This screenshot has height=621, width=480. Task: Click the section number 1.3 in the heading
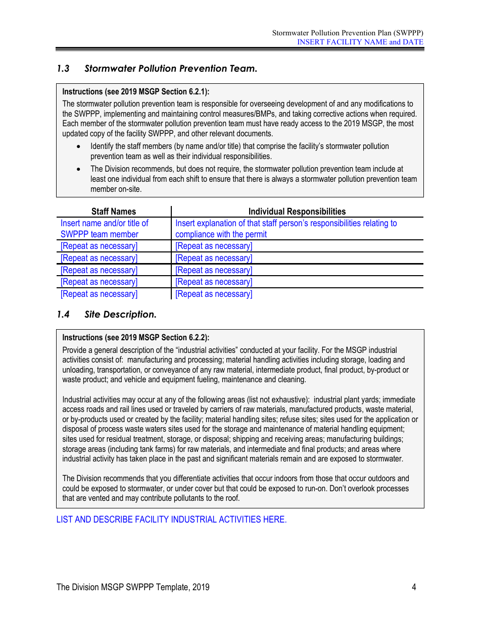pyautogui.click(x=63, y=69)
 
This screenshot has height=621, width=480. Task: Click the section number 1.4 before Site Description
pyautogui.click(x=63, y=315)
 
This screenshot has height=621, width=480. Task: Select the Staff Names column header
pyautogui.click(x=114, y=212)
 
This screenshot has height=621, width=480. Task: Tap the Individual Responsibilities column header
pyautogui.click(x=297, y=212)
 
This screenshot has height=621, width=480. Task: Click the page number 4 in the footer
pyautogui.click(x=414, y=587)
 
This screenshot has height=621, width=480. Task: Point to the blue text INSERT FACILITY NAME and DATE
pyautogui.click(x=360, y=42)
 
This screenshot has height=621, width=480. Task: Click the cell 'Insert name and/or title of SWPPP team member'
pyautogui.click(x=105, y=229)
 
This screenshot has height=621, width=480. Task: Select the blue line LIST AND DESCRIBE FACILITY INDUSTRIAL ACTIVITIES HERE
pyautogui.click(x=171, y=520)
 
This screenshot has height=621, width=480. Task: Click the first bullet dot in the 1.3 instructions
pyautogui.click(x=78, y=146)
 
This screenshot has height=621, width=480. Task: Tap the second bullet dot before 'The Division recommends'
pyautogui.click(x=78, y=169)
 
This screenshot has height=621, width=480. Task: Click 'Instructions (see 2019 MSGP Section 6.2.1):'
pyautogui.click(x=135, y=92)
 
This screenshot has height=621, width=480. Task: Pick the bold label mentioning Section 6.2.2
pyautogui.click(x=135, y=338)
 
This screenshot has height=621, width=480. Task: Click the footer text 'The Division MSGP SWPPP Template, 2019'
pyautogui.click(x=133, y=587)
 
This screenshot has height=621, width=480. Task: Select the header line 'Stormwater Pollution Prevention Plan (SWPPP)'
pyautogui.click(x=348, y=33)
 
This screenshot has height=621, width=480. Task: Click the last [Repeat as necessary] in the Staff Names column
pyautogui.click(x=99, y=294)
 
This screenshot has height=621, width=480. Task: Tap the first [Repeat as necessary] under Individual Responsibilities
pyautogui.click(x=214, y=246)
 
